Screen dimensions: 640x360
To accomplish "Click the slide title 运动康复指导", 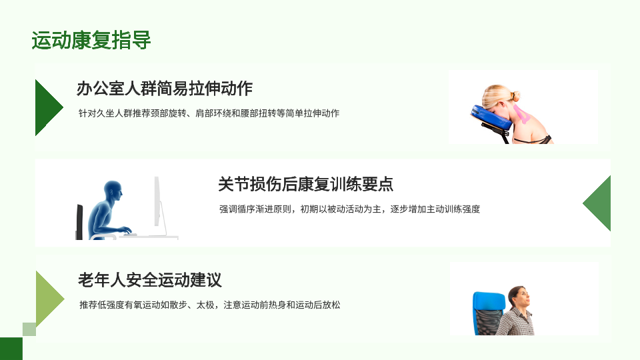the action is [x=91, y=40].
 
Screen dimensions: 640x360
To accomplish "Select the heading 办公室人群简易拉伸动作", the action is [x=165, y=88].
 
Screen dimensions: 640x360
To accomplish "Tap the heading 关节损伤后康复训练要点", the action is [x=305, y=184].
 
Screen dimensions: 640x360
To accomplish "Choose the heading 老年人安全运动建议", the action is [x=150, y=280].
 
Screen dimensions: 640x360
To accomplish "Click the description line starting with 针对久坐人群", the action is [x=209, y=113].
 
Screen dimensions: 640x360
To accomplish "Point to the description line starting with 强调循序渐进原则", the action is [x=349, y=209].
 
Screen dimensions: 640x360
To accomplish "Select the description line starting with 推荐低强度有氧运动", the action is [x=210, y=305].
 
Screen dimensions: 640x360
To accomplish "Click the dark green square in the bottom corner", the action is [x=11, y=349].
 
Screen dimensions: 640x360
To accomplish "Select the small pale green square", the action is [x=29, y=329].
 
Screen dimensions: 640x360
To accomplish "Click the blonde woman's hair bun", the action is [x=515, y=96].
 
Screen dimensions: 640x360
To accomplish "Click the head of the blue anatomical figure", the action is [x=113, y=191].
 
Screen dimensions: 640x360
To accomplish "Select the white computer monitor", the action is [x=157, y=201].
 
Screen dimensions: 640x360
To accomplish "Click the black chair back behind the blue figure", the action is [x=79, y=221].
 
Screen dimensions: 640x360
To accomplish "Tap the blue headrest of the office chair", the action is [x=489, y=301].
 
